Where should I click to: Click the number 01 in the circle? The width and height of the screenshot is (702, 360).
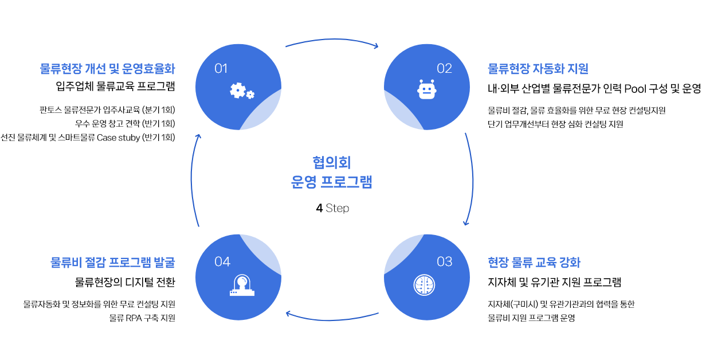point(221,69)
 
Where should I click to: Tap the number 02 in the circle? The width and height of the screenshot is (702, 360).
point(444,69)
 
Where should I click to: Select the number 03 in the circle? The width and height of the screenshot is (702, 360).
point(444,262)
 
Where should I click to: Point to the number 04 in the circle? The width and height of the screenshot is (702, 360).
point(222,262)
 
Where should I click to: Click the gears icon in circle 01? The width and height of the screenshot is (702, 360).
point(241,91)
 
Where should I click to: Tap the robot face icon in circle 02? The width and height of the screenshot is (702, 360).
point(427,90)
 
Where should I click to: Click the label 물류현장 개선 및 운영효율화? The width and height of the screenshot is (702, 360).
point(107,69)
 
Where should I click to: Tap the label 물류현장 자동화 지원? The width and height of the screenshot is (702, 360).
point(538,69)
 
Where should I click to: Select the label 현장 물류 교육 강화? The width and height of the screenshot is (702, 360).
point(534,263)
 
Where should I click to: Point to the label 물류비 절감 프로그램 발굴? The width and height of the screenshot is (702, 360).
point(112,263)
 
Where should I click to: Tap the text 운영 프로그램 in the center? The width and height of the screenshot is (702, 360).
point(332,183)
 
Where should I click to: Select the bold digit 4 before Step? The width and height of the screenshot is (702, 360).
point(319,209)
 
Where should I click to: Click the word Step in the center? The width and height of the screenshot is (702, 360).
point(337,209)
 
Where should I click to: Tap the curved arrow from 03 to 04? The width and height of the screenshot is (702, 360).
point(332,319)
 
